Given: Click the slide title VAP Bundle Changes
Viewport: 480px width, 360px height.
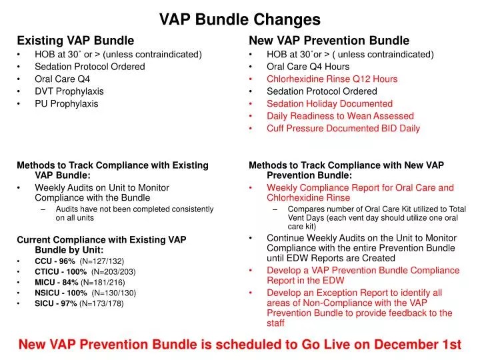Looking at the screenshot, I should (239, 20).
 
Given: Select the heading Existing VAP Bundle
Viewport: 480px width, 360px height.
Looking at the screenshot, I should (75, 41).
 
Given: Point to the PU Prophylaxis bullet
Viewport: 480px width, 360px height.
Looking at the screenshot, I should (66, 104).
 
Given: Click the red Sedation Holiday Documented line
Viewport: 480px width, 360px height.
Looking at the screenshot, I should (329, 104).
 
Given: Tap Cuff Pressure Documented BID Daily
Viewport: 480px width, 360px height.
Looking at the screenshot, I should (343, 129).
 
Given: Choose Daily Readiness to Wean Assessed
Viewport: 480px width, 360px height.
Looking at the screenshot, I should (340, 116).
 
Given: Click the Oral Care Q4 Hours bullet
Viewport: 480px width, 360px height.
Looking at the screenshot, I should (307, 67).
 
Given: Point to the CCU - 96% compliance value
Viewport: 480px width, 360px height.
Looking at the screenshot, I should (55, 261).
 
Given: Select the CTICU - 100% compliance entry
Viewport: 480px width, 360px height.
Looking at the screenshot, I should (61, 271).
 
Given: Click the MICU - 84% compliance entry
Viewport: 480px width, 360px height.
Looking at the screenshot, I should (57, 282).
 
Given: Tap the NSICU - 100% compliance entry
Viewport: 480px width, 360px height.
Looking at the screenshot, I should (61, 293).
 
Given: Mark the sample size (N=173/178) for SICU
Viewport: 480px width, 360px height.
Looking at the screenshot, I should (101, 303).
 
